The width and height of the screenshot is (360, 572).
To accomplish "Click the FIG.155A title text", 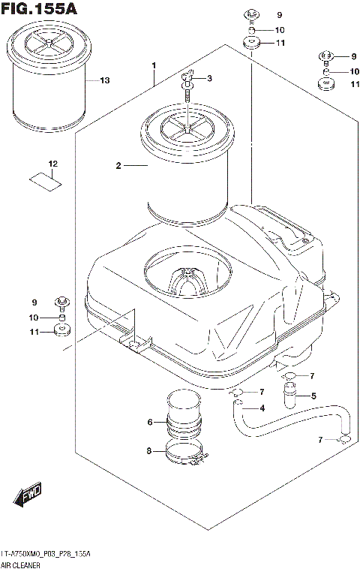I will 38,10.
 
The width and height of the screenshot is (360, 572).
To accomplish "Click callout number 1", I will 153,66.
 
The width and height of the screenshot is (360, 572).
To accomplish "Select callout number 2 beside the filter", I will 118,166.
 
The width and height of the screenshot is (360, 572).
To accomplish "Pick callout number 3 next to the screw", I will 209,79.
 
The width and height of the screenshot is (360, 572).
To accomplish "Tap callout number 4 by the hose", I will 262,408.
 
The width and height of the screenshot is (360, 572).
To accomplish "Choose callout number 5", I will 313,396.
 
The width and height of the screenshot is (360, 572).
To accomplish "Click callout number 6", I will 150,423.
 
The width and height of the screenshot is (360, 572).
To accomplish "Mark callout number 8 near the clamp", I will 150,451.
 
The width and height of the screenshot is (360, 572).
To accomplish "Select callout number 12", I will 52,164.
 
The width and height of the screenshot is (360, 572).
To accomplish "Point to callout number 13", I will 104,80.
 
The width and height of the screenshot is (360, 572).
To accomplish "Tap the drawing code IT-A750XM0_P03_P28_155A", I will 46,554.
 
